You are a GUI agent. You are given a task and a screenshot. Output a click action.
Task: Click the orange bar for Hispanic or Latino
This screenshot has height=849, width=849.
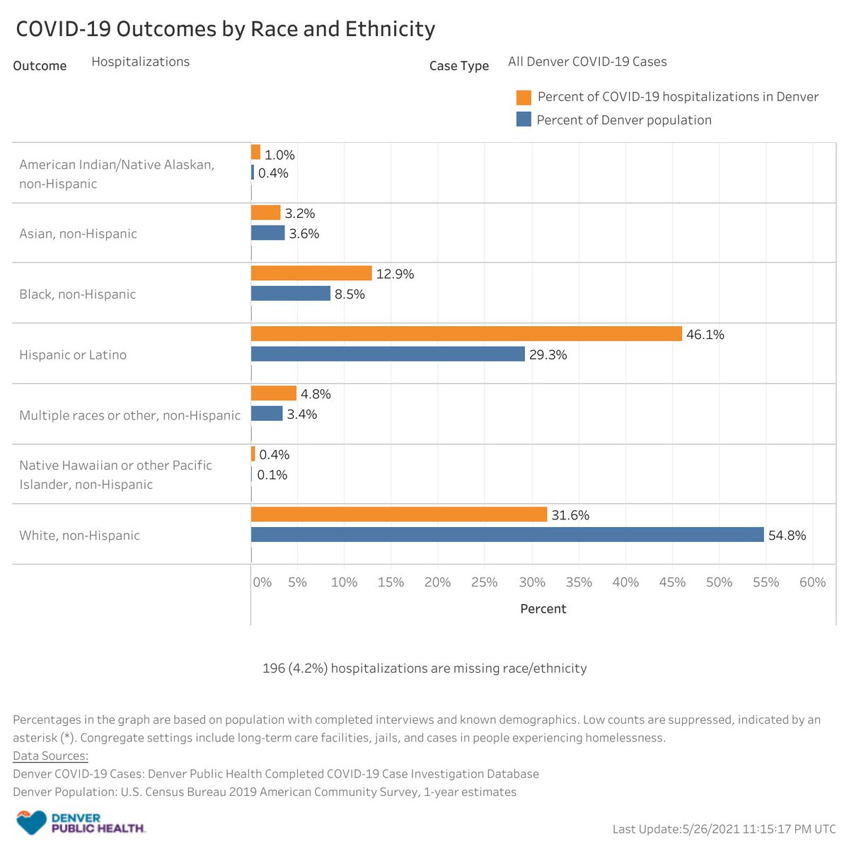pyautogui.click(x=466, y=334)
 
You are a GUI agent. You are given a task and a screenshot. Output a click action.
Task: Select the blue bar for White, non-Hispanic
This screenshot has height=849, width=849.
pyautogui.click(x=507, y=535)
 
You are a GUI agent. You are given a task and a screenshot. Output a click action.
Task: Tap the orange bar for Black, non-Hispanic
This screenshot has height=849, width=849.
pyautogui.click(x=311, y=273)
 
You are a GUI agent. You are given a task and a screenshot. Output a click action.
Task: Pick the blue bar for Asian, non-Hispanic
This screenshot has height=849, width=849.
pyautogui.click(x=268, y=233)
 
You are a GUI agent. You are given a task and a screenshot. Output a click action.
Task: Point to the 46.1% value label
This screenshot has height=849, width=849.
pyautogui.click(x=705, y=335)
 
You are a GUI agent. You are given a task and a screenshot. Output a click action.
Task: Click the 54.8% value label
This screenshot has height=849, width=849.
pyautogui.click(x=787, y=536)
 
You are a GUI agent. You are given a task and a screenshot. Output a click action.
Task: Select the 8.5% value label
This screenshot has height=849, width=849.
pyautogui.click(x=350, y=294)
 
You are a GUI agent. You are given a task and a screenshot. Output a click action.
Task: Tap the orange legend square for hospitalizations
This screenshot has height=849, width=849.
pyautogui.click(x=524, y=97)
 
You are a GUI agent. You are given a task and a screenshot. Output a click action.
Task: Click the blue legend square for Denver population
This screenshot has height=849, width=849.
pyautogui.click(x=524, y=120)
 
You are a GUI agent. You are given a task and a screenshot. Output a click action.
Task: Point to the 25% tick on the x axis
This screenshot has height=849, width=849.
pyautogui.click(x=485, y=582)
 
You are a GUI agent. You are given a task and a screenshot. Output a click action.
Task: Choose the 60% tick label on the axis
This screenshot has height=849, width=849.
pyautogui.click(x=812, y=582)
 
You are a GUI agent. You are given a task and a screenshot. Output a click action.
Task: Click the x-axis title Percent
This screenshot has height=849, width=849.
pyautogui.click(x=543, y=608)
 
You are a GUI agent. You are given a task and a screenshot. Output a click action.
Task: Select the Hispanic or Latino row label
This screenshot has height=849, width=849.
pyautogui.click(x=73, y=354)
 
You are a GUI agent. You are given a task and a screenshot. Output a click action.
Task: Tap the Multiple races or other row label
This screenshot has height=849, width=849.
pyautogui.click(x=129, y=415)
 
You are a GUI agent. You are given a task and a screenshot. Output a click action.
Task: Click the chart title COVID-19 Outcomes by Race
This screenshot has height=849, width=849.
pyautogui.click(x=225, y=29)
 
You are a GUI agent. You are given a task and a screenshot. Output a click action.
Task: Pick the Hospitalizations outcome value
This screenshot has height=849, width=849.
pyautogui.click(x=140, y=62)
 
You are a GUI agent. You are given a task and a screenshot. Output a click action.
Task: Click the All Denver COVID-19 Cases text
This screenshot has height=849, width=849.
pyautogui.click(x=587, y=62)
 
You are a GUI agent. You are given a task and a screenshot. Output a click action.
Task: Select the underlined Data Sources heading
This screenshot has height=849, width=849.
pyautogui.click(x=50, y=756)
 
